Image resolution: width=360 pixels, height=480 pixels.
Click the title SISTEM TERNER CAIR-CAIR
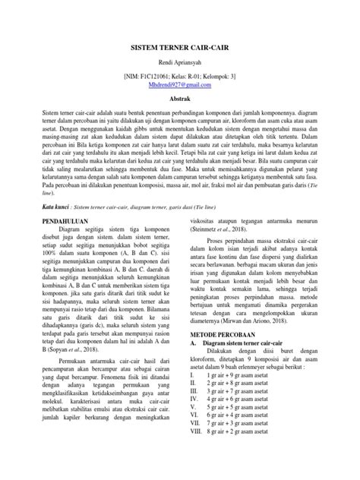(x=179, y=58)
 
